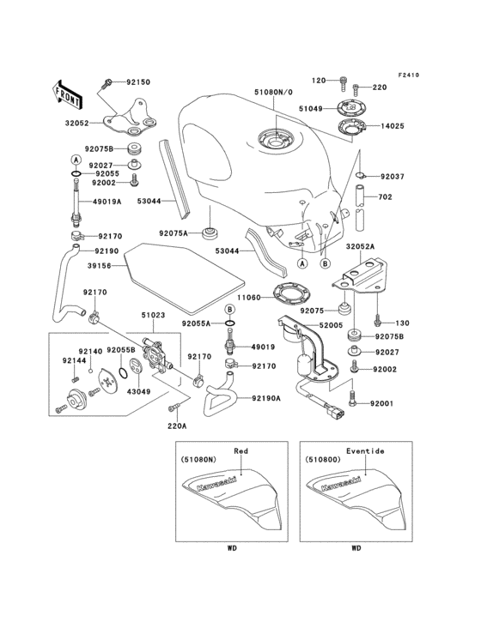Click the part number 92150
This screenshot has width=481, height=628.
pos(137,82)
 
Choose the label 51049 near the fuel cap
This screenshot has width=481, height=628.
pos(313,109)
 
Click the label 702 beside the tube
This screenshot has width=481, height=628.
pos(386,197)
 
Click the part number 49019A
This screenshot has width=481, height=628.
pos(107,203)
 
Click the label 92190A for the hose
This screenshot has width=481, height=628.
pos(269,397)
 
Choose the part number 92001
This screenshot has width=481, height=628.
pos(382,403)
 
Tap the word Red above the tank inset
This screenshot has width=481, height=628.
pos(241,450)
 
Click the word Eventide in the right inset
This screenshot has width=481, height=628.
pos(366,450)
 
